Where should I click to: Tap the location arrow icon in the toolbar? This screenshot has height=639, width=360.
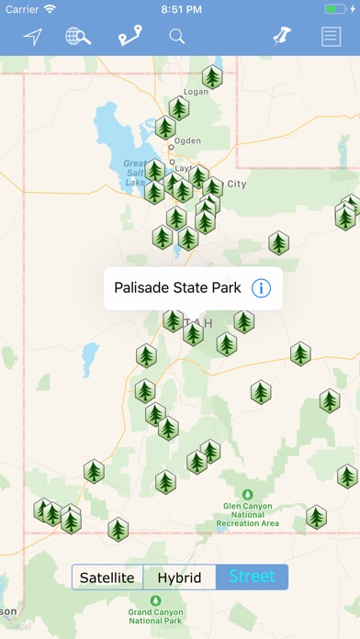[x=33, y=37]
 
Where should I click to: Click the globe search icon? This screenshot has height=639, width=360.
[x=78, y=37]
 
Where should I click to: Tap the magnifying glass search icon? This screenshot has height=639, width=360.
[x=176, y=37]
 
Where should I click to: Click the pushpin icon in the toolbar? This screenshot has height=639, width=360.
[x=281, y=37]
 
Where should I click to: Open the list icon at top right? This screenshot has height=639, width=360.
[x=330, y=37]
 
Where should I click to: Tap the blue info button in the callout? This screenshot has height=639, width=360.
[x=261, y=288]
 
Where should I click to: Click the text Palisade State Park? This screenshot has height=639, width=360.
[x=177, y=288]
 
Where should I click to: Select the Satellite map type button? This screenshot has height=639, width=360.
[x=107, y=577]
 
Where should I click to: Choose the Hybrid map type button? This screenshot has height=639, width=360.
[x=179, y=577]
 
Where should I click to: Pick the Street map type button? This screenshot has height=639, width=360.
[x=252, y=577]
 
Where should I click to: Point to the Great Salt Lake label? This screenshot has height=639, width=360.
[x=135, y=173]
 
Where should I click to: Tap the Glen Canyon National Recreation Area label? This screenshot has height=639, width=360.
[x=251, y=514]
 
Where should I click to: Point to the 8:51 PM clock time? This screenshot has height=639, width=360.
[x=180, y=8]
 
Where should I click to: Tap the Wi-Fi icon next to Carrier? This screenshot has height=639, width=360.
[x=50, y=8]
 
